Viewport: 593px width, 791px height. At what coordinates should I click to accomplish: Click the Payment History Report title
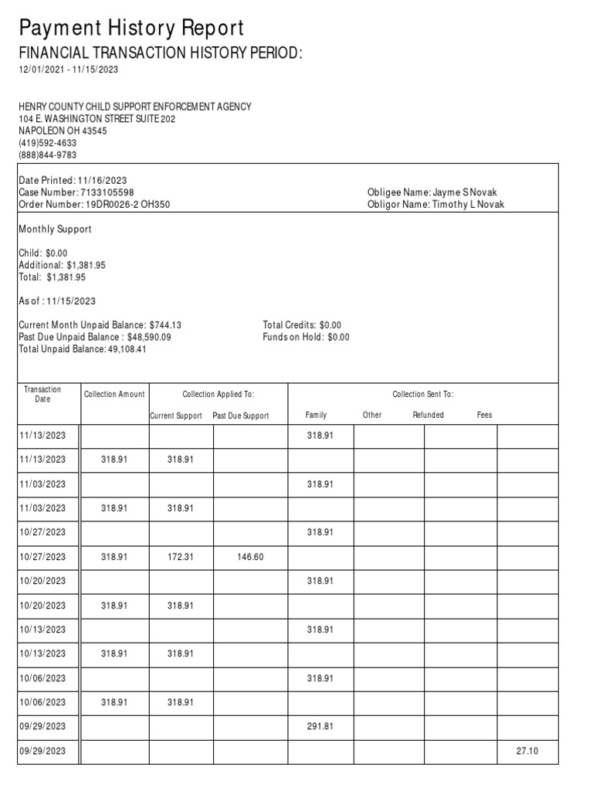(131, 29)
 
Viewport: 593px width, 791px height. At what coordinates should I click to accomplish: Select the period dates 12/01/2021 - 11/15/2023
(69, 70)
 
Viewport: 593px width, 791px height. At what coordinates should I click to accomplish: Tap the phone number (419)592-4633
(47, 143)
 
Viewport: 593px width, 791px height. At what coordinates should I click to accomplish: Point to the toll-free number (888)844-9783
(47, 155)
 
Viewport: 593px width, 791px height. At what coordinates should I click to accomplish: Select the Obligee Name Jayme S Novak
(435, 192)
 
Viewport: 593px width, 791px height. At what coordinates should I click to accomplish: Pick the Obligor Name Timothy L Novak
(435, 205)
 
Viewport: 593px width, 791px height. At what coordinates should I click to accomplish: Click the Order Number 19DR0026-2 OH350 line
(94, 205)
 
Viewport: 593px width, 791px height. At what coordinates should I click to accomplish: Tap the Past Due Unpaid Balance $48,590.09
(95, 338)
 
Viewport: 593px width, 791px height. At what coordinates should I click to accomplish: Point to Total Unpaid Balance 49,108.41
(83, 349)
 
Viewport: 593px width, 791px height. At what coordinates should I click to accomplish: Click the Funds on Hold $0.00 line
(306, 338)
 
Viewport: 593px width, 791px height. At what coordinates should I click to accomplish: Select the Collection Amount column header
(114, 395)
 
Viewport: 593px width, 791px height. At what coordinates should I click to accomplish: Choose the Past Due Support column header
(241, 416)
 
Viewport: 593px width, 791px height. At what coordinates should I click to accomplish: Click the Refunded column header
(428, 416)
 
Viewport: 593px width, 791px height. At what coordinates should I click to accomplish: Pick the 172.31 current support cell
(181, 557)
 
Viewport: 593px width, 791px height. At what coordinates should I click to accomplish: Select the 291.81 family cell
(319, 727)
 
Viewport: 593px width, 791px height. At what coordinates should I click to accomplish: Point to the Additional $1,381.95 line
(62, 265)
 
